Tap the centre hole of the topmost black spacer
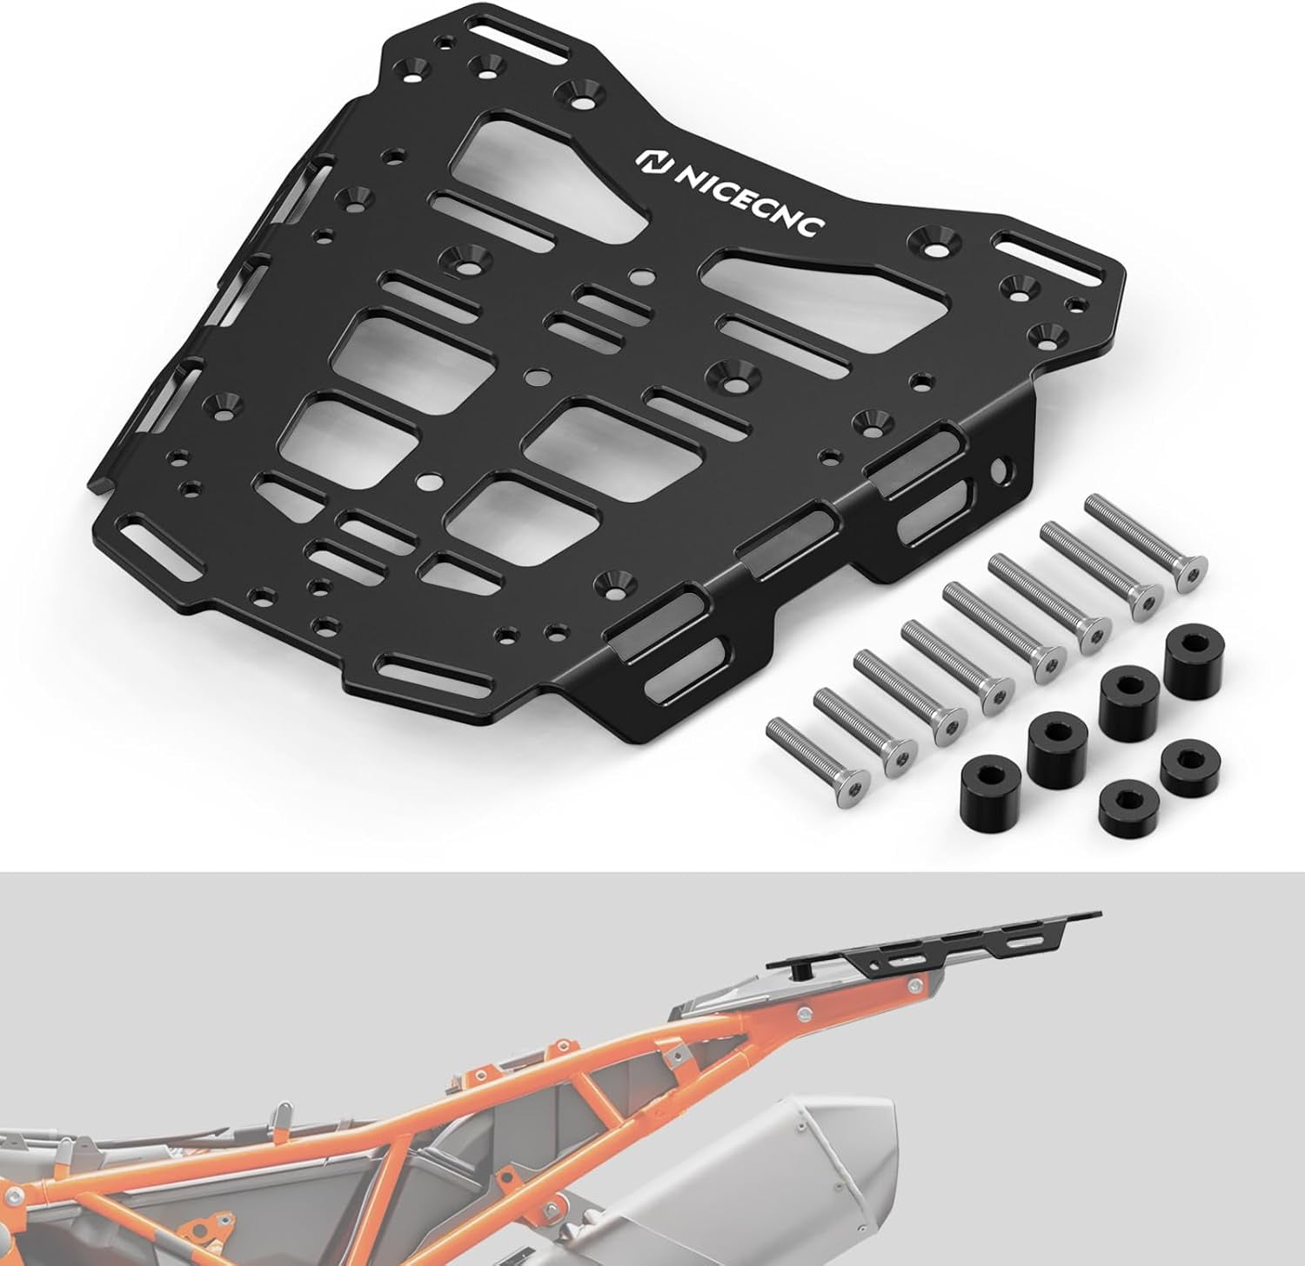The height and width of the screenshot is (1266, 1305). point(1188,644)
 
